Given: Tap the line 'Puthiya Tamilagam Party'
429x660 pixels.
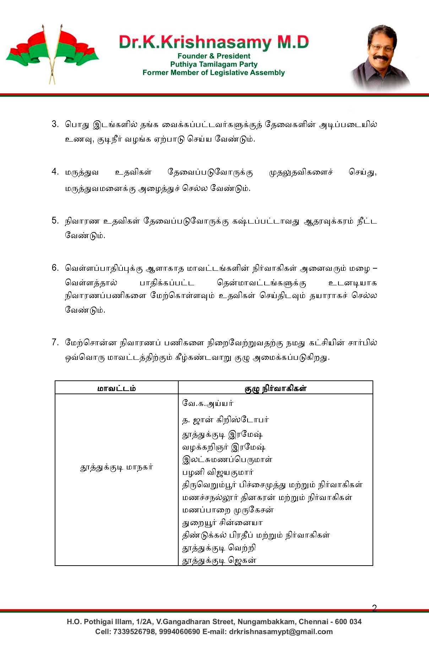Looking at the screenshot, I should pyautogui.click(x=214, y=64).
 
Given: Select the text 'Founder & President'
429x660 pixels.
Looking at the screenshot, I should pyautogui.click(x=214, y=56).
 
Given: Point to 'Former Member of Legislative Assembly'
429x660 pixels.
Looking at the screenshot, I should pyautogui.click(x=214, y=73).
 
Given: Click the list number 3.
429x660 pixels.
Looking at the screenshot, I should pyautogui.click(x=55, y=124).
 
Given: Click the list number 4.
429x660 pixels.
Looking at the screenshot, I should pyautogui.click(x=55, y=172).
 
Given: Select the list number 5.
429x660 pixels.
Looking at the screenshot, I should pyautogui.click(x=55, y=221).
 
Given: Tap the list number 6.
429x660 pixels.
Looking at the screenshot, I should pyautogui.click(x=55, y=268).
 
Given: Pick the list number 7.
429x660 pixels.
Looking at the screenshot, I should pyautogui.click(x=55, y=342).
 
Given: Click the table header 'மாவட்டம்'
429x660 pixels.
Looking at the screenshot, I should pyautogui.click(x=116, y=388).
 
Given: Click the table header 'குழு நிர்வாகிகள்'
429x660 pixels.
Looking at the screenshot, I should pyautogui.click(x=275, y=388).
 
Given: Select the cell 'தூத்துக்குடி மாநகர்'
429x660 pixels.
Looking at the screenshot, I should pyautogui.click(x=116, y=467).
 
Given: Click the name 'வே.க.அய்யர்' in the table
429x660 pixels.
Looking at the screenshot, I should pyautogui.click(x=208, y=403).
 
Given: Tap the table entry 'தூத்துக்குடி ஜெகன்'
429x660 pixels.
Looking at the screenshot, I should pyautogui.click(x=219, y=561).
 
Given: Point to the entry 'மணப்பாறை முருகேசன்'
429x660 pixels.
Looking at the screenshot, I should pyautogui.click(x=228, y=510).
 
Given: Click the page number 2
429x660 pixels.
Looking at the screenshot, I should pyautogui.click(x=374, y=608).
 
